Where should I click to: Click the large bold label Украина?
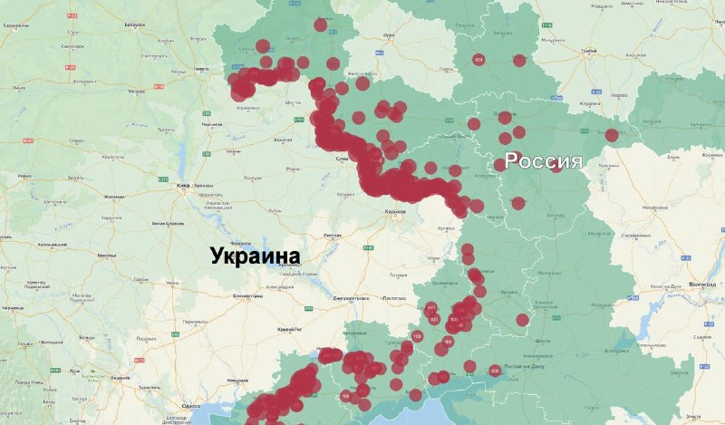[255, 256]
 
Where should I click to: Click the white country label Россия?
[543, 161]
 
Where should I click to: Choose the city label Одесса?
[191, 406]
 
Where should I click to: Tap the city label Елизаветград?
[247, 295]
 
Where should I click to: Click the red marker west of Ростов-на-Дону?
[495, 371]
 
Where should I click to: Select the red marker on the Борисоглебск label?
[612, 135]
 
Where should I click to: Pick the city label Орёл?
[390, 35]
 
